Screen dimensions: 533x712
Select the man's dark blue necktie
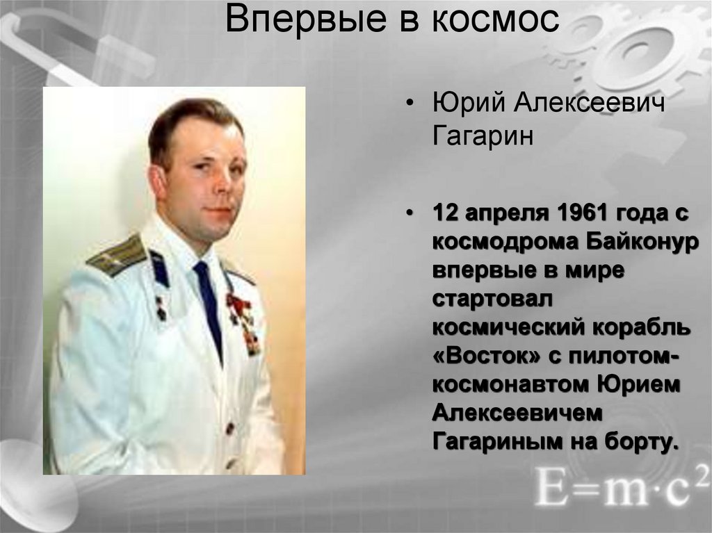click(209, 306)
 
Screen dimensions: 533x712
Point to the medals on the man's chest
click(243, 320)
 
